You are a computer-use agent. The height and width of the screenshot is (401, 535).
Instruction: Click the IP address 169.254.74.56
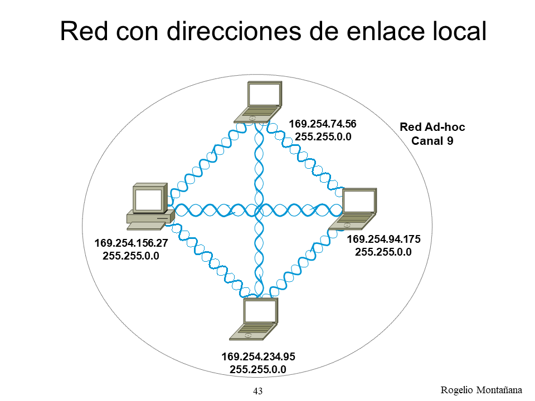point(322,124)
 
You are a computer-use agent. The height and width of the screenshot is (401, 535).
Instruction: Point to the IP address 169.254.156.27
point(131,243)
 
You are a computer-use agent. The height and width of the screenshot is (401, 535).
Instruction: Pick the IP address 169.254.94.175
point(383,239)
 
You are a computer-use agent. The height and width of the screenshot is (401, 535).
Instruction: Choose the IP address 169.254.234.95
point(258,356)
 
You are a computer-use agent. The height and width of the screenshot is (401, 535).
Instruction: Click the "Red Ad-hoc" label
point(432,128)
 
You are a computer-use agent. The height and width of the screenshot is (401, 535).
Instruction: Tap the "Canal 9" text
point(432,141)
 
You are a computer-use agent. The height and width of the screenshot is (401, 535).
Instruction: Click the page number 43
point(258,391)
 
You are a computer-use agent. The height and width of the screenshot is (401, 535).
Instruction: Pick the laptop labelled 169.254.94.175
point(354,209)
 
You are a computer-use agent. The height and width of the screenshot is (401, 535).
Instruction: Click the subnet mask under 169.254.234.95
point(258,369)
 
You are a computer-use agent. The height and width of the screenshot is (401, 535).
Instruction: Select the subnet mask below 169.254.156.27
point(131,256)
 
